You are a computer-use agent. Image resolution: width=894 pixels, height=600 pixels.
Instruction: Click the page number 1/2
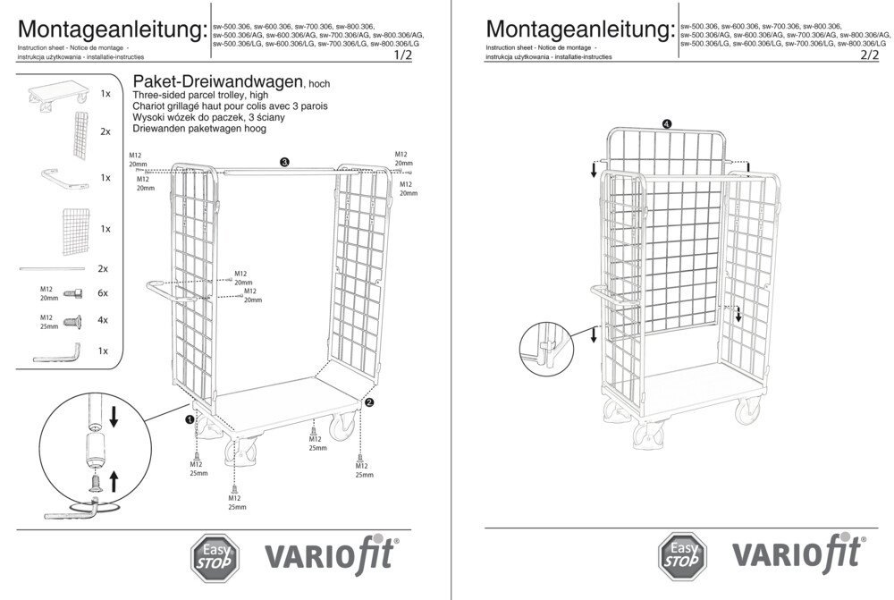pyautogui.click(x=403, y=55)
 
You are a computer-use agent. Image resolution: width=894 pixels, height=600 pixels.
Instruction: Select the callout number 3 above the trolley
pyautogui.click(x=283, y=162)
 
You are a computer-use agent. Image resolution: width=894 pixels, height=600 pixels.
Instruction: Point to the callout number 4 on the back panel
pyautogui.click(x=667, y=123)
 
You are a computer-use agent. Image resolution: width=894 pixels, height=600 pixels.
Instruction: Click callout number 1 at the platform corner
pyautogui.click(x=190, y=418)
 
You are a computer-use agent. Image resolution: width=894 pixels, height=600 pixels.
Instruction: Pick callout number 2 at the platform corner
pyautogui.click(x=369, y=402)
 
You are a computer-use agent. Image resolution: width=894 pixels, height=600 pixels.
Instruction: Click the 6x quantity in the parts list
pyautogui.click(x=103, y=293)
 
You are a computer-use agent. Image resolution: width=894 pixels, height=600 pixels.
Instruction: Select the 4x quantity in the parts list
pyautogui.click(x=103, y=320)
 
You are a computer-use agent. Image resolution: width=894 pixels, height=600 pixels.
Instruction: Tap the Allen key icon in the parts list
pyautogui.click(x=57, y=351)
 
